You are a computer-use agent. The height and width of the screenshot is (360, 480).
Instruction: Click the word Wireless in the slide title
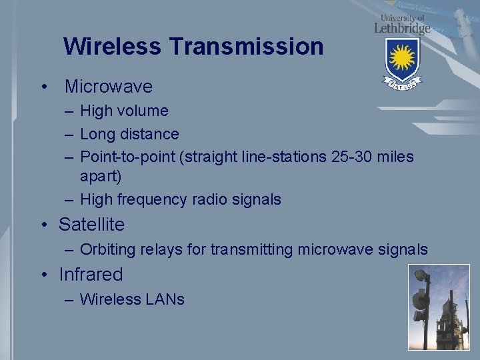[112, 47]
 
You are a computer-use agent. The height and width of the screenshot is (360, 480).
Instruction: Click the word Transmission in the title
[246, 47]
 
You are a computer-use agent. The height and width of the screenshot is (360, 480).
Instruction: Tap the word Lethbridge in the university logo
[402, 28]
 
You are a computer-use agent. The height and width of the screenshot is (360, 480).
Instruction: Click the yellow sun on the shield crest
[402, 59]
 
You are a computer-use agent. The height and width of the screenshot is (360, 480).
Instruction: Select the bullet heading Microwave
[108, 87]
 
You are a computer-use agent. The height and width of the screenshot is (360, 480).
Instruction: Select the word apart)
[101, 177]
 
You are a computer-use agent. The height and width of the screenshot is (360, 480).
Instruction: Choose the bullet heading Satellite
[91, 225]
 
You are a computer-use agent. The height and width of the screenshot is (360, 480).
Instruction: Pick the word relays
[160, 249]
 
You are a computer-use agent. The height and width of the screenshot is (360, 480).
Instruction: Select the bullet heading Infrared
[91, 275]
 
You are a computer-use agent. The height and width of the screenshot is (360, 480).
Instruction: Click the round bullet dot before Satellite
[43, 225]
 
